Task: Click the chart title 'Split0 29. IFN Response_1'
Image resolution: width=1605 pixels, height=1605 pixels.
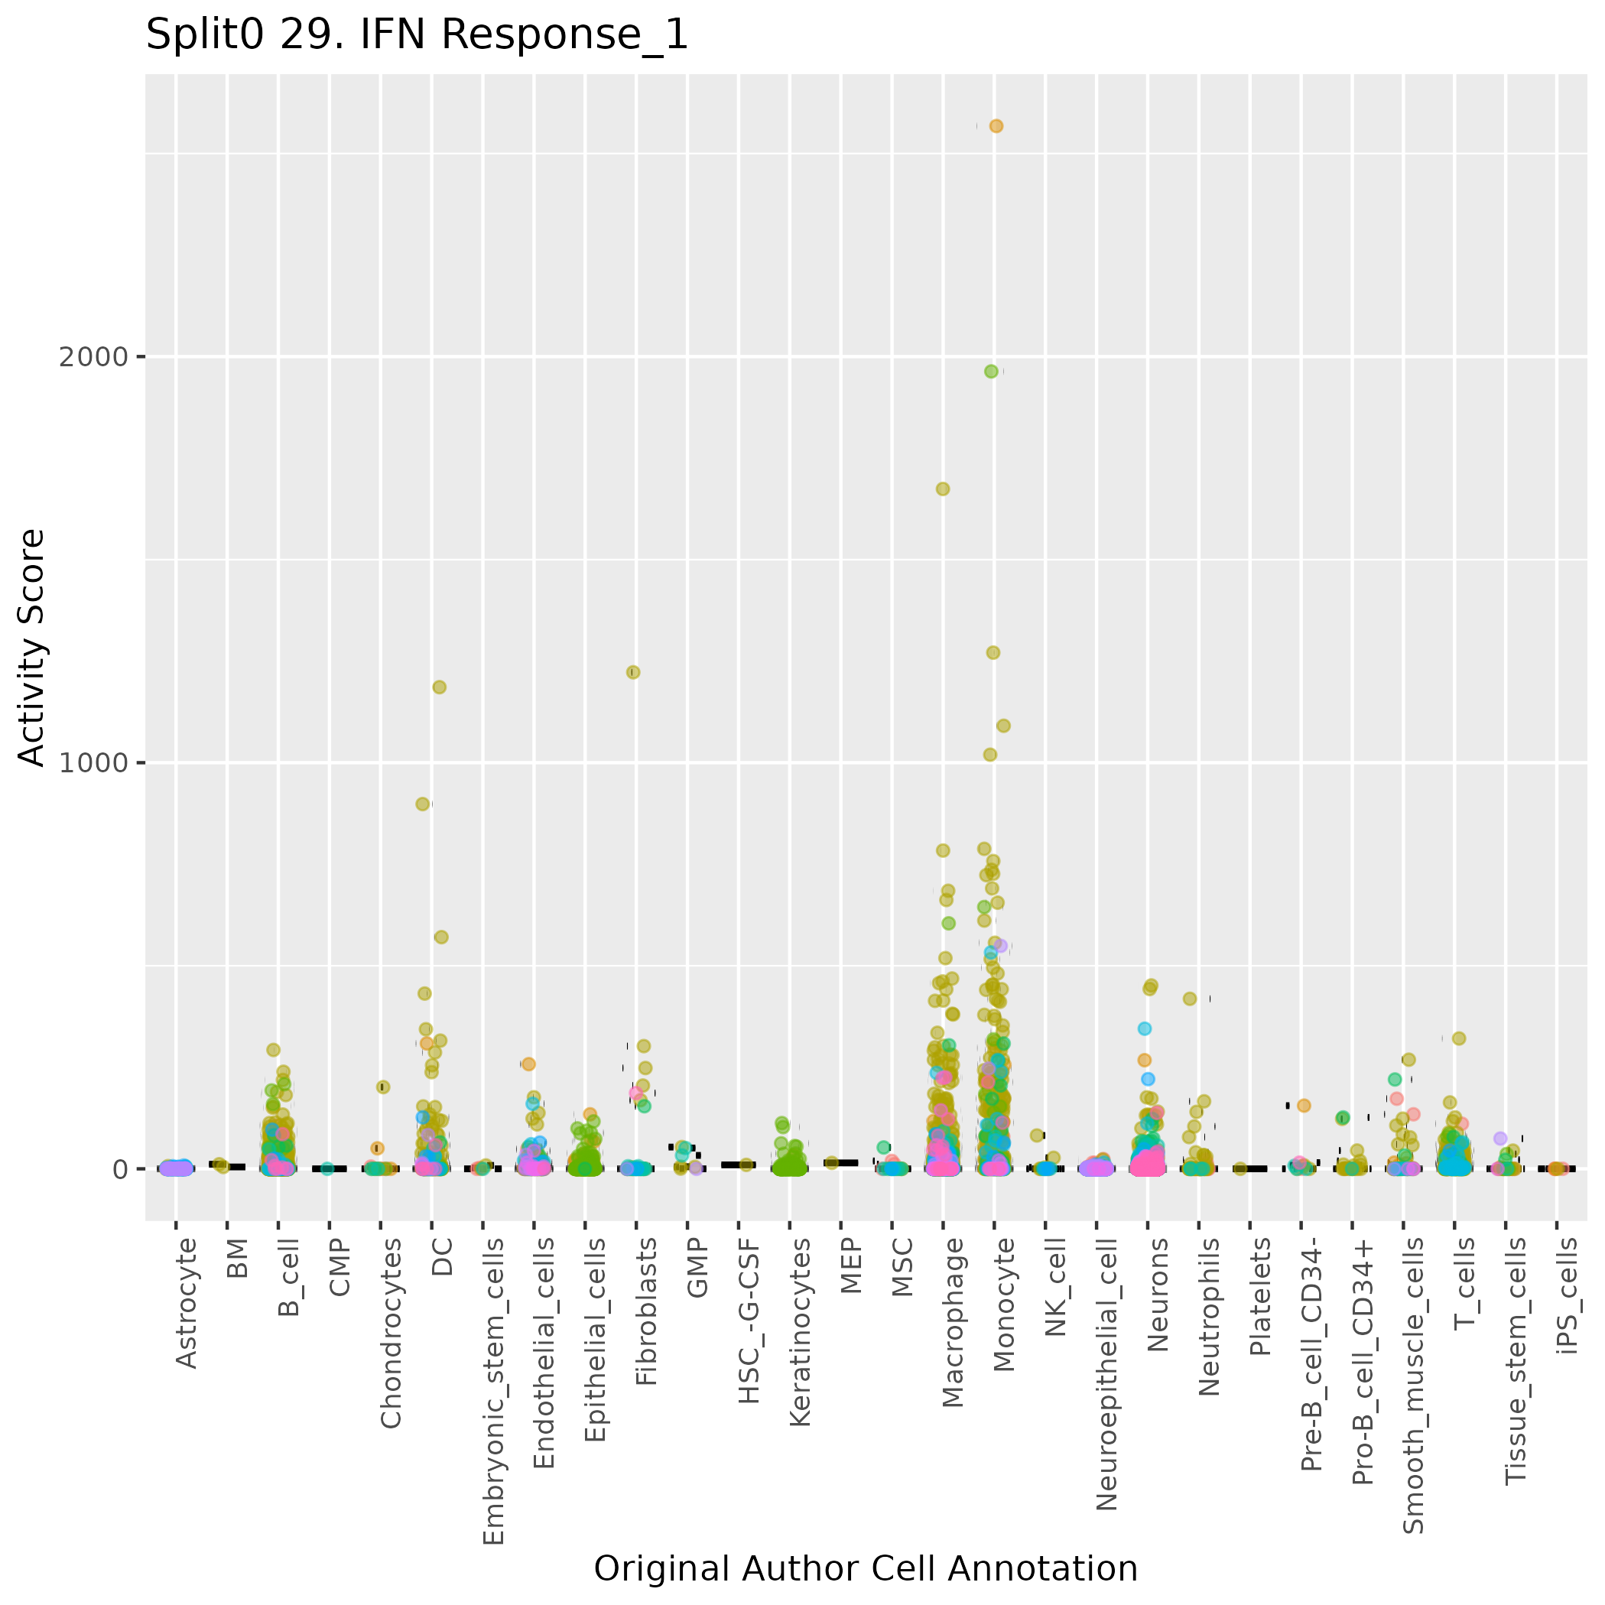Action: (x=417, y=36)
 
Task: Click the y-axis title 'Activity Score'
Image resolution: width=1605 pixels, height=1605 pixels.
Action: (x=31, y=648)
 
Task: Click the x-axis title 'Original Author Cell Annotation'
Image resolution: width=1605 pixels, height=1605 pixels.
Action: (x=866, y=1569)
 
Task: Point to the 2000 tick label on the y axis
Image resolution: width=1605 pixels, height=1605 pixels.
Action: (x=93, y=357)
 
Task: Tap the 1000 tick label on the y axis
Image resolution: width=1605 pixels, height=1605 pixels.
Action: (x=93, y=762)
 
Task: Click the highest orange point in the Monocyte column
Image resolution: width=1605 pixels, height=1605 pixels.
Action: (x=996, y=126)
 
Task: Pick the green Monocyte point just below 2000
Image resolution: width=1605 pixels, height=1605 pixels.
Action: (x=991, y=372)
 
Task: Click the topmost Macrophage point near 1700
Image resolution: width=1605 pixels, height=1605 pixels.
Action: (x=943, y=489)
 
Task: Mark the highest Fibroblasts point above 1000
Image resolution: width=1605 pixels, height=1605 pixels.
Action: (x=633, y=672)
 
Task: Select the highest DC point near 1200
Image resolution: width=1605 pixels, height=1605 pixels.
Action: (x=440, y=687)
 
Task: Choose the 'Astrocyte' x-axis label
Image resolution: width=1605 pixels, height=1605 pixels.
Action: (x=187, y=1303)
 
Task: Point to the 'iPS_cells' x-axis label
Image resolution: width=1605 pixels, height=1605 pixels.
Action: (x=1568, y=1295)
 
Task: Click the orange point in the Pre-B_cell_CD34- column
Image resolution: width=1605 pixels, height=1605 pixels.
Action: (x=1304, y=1106)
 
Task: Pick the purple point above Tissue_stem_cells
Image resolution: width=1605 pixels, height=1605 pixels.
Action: (x=1500, y=1138)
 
